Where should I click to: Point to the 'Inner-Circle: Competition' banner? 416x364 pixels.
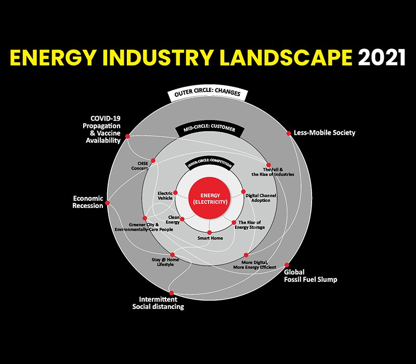pyautogui.click(x=210, y=164)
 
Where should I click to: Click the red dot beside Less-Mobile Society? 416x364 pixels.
pyautogui.click(x=289, y=133)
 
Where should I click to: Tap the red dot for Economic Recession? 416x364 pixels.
pyautogui.click(x=107, y=203)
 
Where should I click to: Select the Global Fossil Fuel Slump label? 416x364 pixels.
pyautogui.click(x=310, y=276)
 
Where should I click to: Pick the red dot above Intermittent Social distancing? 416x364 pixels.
pyautogui.click(x=172, y=293)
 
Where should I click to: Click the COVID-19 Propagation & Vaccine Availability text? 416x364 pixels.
pyautogui.click(x=102, y=129)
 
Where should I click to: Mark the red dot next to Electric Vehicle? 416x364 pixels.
pyautogui.click(x=175, y=192)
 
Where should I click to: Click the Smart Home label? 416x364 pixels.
pyautogui.click(x=210, y=238)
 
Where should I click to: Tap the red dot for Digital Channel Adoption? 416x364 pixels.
pyautogui.click(x=243, y=191)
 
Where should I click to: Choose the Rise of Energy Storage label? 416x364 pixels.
pyautogui.click(x=250, y=225)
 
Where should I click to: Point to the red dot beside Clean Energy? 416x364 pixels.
pyautogui.click(x=182, y=219)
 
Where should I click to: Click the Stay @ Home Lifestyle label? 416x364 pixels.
pyautogui.click(x=165, y=262)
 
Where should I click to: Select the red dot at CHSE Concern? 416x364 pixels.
pyautogui.click(x=153, y=161)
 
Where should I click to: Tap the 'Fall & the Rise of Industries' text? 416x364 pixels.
pyautogui.click(x=272, y=172)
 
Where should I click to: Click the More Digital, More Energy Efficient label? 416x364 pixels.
pyautogui.click(x=255, y=265)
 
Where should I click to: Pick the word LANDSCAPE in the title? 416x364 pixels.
pyautogui.click(x=286, y=57)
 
